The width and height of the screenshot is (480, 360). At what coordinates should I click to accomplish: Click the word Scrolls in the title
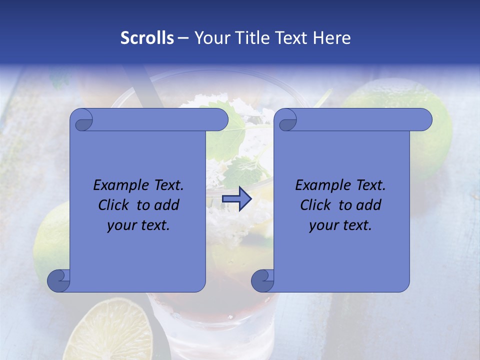pos(147,38)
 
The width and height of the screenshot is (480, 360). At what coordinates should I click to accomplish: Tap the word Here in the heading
pos(332,38)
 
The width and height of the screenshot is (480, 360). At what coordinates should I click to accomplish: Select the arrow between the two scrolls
pos(237,199)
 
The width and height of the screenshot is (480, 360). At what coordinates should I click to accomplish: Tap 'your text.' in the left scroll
pos(138,225)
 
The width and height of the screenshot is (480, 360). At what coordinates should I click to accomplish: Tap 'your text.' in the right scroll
pos(340,225)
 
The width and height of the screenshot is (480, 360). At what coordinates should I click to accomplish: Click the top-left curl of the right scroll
pos(286,120)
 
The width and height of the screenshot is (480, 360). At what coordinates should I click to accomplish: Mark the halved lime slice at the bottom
pos(117,332)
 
